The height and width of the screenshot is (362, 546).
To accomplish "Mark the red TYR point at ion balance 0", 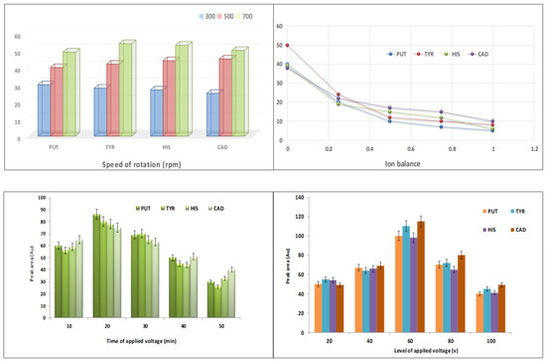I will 287,46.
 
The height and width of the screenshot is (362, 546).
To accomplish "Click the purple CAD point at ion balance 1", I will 492,121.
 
